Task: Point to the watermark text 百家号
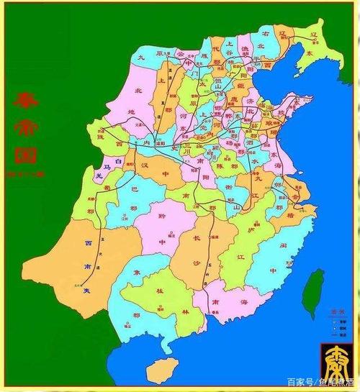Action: click(298, 382)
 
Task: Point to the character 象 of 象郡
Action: click(136, 273)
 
